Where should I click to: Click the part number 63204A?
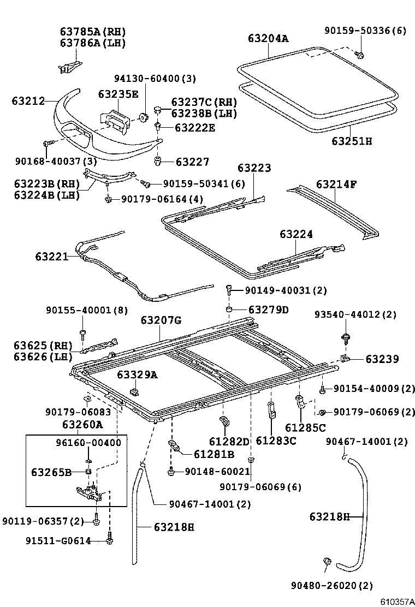[268, 38]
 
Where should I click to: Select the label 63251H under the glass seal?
[351, 141]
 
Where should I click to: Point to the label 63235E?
[118, 94]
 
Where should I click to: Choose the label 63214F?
[336, 184]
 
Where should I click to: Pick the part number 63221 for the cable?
[52, 255]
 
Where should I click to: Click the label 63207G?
[161, 320]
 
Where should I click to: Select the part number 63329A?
[137, 375]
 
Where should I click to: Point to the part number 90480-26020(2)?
[336, 586]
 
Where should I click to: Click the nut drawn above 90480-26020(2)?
[328, 562]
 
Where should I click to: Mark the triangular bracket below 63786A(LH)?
[69, 66]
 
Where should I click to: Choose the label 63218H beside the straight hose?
[174, 527]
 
